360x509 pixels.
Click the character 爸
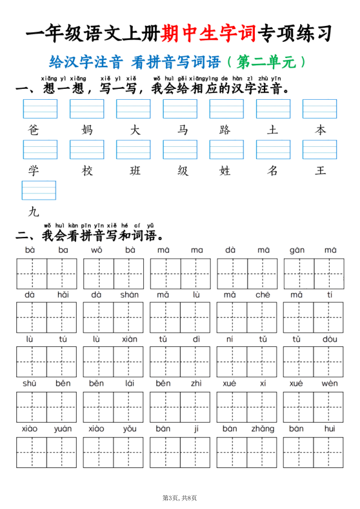33,130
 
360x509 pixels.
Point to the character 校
88,170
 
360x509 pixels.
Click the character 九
33,211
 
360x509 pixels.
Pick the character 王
320,170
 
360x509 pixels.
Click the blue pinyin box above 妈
87,109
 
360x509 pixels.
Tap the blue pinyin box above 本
320,109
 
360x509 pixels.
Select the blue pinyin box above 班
133,149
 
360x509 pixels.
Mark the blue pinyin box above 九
39,190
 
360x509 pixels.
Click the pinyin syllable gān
297,250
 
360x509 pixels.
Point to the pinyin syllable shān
129,294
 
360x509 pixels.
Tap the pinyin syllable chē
263,294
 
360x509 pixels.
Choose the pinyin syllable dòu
329,339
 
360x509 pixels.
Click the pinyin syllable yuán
62,429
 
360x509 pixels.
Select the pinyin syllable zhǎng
263,429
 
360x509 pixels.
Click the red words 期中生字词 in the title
209,34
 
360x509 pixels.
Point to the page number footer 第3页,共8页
180,497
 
